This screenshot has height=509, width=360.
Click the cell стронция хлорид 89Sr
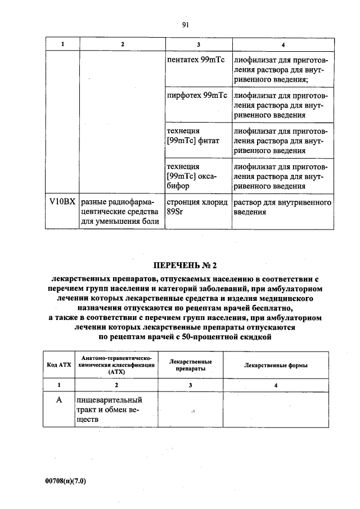(196, 208)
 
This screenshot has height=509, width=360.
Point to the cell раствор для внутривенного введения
(282, 208)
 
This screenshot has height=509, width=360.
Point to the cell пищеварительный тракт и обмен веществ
(110, 409)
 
